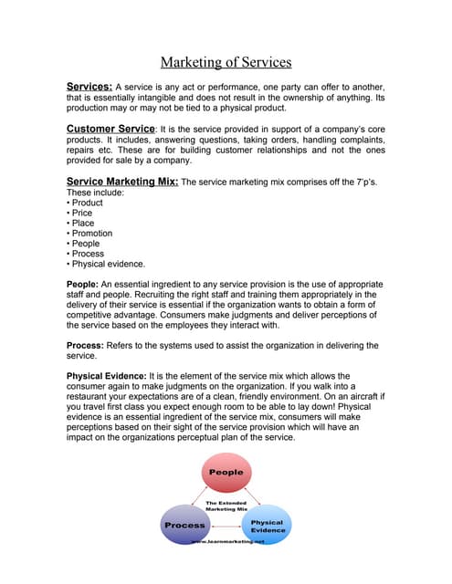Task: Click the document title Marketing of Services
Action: click(226, 62)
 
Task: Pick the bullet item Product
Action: click(87, 203)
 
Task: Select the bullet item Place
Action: click(83, 224)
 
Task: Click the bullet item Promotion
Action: click(92, 234)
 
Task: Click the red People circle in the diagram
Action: click(226, 474)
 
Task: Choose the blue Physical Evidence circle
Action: click(267, 525)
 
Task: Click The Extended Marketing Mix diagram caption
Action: click(226, 506)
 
